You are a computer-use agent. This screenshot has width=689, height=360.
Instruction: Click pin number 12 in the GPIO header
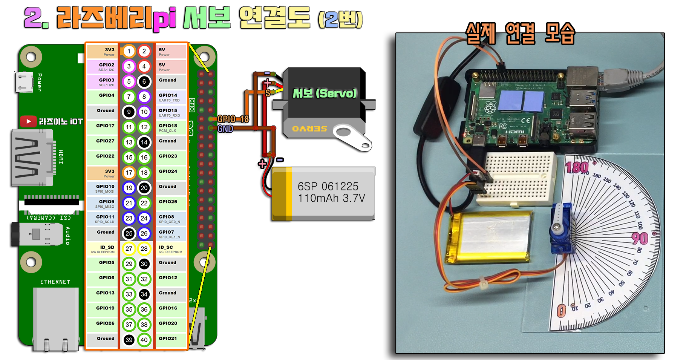(x=144, y=127)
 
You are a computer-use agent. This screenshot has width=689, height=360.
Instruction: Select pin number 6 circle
(x=144, y=81)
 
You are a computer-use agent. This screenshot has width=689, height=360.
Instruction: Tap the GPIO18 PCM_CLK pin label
(x=168, y=128)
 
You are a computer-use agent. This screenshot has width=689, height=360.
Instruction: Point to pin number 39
(x=129, y=340)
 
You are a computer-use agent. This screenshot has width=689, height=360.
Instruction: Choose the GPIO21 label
(x=168, y=339)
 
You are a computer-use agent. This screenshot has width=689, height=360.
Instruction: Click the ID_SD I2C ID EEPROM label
(x=103, y=249)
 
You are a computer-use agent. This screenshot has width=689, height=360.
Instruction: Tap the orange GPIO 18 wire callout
(x=233, y=119)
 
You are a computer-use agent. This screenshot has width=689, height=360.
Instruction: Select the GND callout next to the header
(x=225, y=129)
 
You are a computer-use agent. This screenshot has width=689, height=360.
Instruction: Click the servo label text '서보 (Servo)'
(x=325, y=93)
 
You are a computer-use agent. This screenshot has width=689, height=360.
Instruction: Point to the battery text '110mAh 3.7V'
(x=331, y=198)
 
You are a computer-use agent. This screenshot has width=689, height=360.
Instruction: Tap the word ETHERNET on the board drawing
(x=55, y=282)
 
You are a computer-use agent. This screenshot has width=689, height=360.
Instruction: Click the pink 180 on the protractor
(x=577, y=167)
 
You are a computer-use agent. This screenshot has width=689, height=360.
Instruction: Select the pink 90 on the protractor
(x=640, y=238)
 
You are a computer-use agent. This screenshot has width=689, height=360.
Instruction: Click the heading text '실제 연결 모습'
(x=520, y=34)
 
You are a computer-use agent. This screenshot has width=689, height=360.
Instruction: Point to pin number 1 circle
(x=129, y=51)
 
